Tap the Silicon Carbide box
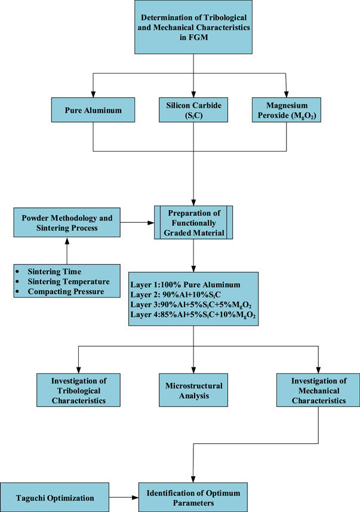tap(192, 111)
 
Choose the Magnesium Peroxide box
tap(287, 111)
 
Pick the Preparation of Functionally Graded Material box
tap(192, 222)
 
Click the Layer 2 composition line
tap(173, 294)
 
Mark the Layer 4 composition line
tap(193, 315)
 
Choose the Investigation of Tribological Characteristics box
tap(78, 389)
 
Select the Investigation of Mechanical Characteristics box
tap(311, 389)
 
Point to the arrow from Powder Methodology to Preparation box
tap(140, 222)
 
